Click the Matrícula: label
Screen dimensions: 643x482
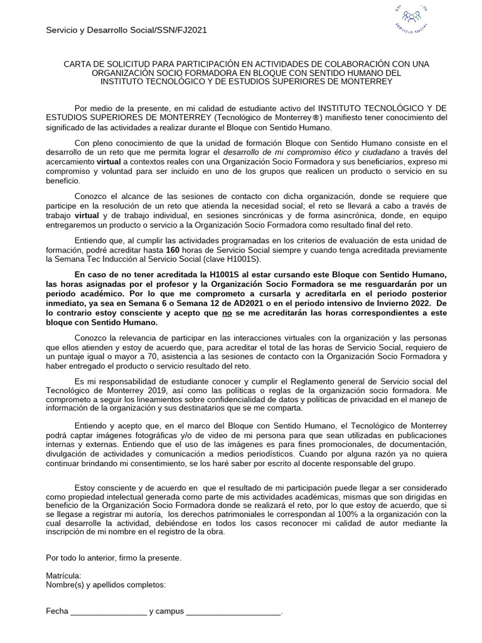pos(64,576)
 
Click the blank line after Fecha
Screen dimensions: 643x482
pos(108,611)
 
